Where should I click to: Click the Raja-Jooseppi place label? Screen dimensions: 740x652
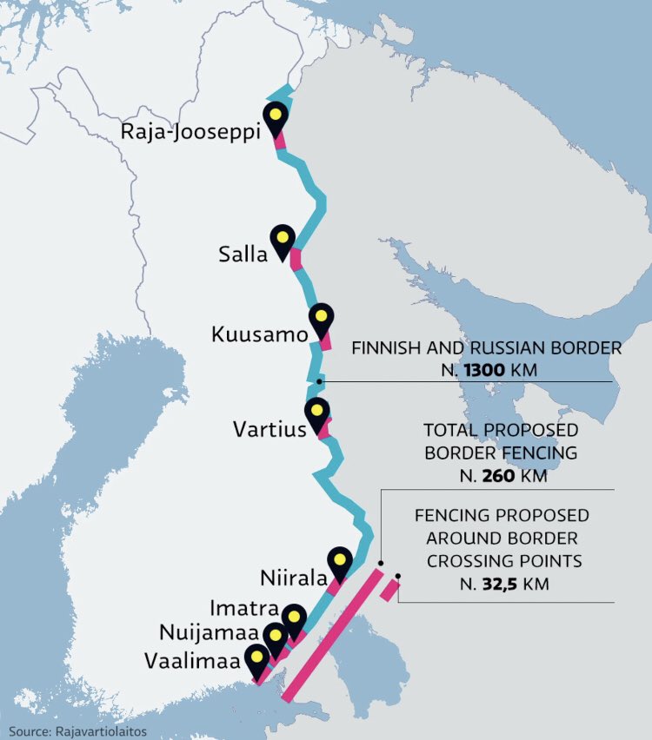click(x=190, y=135)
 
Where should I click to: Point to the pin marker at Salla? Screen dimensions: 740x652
click(x=283, y=241)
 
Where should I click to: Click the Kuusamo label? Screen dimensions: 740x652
click(x=259, y=334)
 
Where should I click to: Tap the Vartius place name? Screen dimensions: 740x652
click(x=269, y=429)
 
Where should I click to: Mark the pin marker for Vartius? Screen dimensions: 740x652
click(x=317, y=414)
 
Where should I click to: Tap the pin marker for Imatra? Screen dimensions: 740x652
click(x=294, y=620)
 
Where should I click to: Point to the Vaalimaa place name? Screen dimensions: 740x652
click(x=194, y=661)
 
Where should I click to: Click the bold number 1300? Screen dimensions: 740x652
click(x=484, y=371)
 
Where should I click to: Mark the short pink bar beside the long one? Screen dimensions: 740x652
click(x=389, y=590)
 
